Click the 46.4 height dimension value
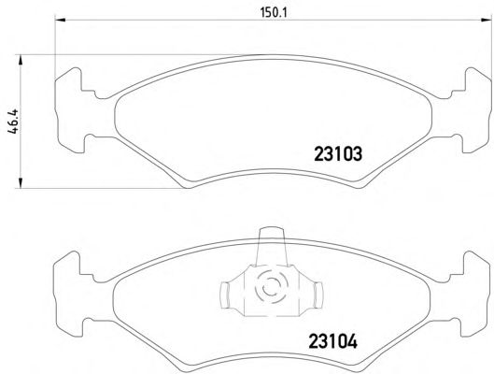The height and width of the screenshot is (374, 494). point(14,122)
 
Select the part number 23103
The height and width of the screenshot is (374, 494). point(338,154)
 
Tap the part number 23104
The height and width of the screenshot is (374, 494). point(333,341)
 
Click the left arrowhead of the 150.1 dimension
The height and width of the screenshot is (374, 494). point(60,21)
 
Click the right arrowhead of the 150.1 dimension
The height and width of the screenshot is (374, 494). point(487,21)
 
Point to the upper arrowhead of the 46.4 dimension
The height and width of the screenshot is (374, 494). point(21,60)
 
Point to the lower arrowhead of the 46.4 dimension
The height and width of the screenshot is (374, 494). point(21,183)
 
